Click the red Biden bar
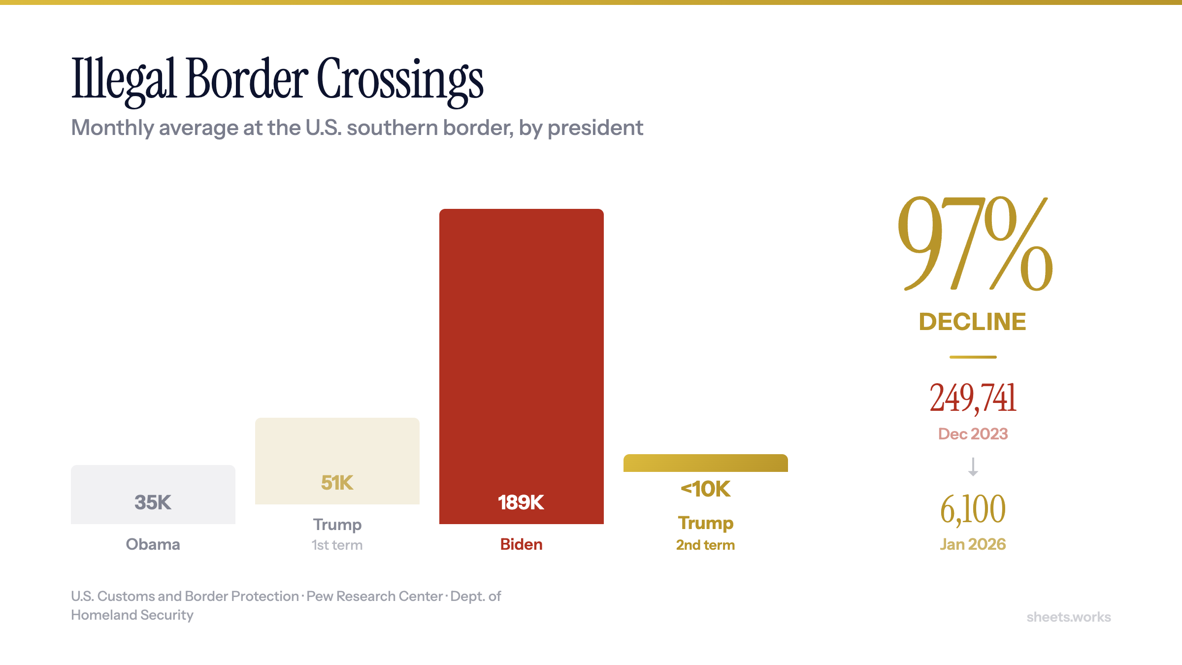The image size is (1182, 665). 521,345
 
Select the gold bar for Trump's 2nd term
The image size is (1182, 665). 705,463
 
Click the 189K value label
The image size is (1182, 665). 521,502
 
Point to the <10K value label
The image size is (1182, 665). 705,489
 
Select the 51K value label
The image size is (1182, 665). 337,483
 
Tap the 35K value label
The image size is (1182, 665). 153,502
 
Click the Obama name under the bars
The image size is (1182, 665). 153,544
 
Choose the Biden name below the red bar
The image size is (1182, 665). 521,544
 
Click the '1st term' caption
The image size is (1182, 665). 337,545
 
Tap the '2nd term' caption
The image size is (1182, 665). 705,545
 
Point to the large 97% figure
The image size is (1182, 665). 974,244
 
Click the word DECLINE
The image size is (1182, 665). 973,322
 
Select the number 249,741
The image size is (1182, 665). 973,398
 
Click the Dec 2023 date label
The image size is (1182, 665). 973,434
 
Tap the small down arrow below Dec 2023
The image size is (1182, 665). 973,466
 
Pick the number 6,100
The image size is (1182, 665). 973,509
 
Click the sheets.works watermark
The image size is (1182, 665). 1068,617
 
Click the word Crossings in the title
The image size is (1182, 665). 400,80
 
